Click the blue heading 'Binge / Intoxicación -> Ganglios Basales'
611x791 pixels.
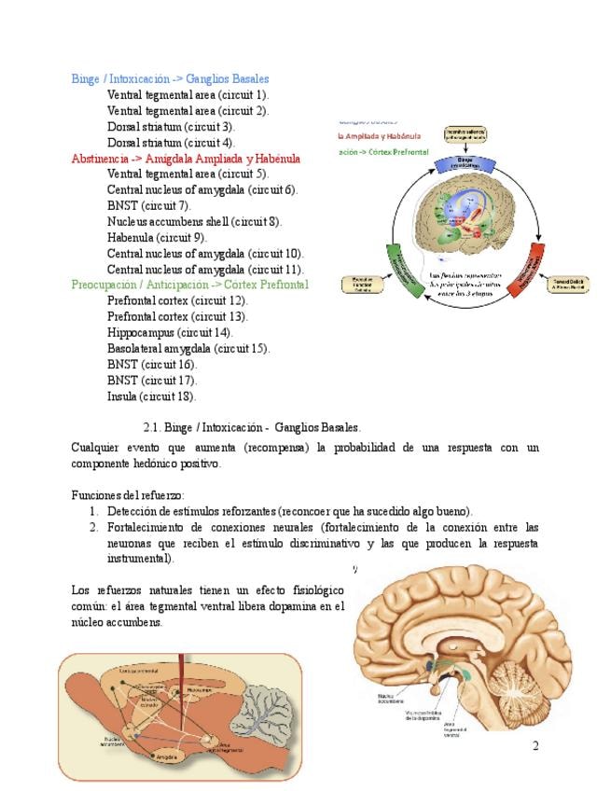pos(170,79)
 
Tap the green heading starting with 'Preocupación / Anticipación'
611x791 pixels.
pos(189,284)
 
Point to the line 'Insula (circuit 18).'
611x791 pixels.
pos(152,395)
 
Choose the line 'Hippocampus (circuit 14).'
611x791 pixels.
pos(170,332)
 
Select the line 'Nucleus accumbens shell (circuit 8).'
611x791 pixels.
pos(194,222)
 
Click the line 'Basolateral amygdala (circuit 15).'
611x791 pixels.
pos(188,348)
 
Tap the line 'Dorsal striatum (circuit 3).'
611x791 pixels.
pos(171,127)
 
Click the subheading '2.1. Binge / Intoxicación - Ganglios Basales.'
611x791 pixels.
pos(258,427)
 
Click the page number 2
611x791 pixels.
pos(535,745)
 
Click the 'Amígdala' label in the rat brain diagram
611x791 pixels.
pos(167,756)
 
